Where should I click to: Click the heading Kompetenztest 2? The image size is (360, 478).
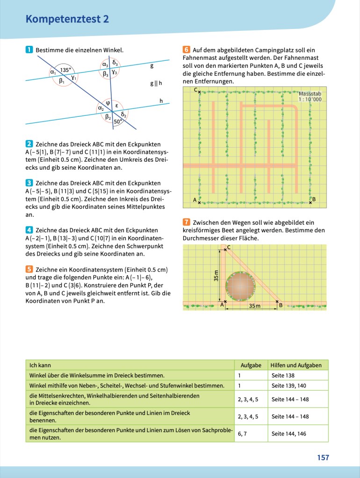point(67,19)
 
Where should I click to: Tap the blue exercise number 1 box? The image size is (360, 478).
point(29,50)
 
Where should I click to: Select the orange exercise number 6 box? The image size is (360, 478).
point(186,50)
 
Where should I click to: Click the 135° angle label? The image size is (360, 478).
point(65,70)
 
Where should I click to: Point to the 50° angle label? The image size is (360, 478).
point(118,121)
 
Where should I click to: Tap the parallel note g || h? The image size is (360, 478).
point(156,83)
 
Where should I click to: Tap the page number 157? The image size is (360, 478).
point(323,457)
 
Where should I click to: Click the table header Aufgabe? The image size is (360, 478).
point(251,365)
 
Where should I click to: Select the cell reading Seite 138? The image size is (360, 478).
point(283,375)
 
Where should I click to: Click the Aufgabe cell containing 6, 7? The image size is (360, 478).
point(242,434)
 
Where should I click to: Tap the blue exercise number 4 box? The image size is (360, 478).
point(29,230)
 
